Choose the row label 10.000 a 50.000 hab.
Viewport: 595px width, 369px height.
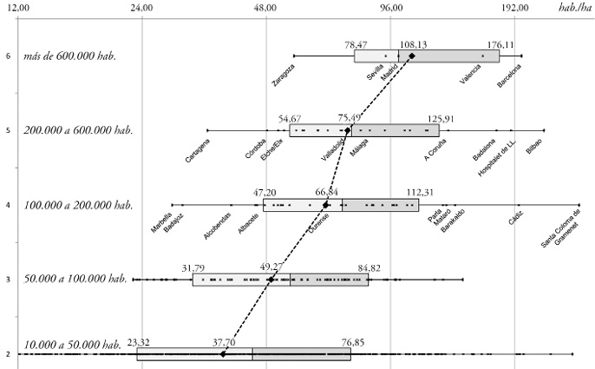(x=73, y=345)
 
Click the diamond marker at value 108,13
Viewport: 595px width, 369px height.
(x=412, y=56)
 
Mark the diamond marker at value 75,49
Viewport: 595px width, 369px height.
(x=348, y=130)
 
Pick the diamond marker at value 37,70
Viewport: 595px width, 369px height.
(x=223, y=353)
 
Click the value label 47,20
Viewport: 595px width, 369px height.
(x=265, y=193)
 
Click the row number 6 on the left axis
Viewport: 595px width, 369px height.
(x=8, y=56)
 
